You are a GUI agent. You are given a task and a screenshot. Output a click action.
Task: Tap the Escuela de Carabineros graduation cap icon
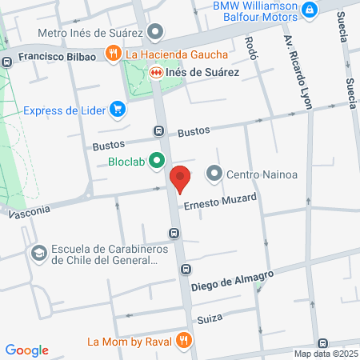pyautogui.click(x=37, y=253)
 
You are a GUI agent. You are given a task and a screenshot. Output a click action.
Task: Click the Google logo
pyautogui.click(x=26, y=350)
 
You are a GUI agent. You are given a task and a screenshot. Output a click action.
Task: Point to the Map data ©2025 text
pyautogui.click(x=326, y=354)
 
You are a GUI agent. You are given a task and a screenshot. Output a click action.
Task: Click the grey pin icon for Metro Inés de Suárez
pyautogui.click(x=155, y=34)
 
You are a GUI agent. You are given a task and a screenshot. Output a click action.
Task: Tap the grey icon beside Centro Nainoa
pyautogui.click(x=214, y=173)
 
